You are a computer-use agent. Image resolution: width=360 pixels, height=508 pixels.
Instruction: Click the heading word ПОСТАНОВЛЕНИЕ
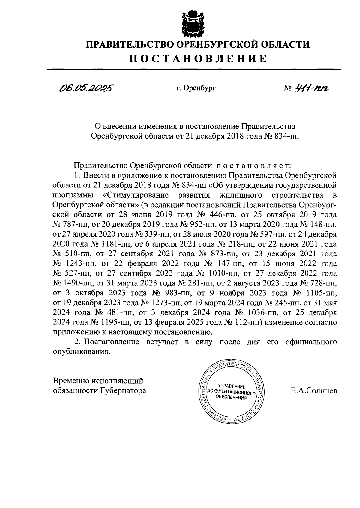point(198,58)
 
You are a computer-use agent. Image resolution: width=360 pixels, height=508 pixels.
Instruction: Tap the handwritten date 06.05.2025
point(87,88)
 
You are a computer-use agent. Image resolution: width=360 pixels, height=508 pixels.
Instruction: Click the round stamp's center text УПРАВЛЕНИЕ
point(232,386)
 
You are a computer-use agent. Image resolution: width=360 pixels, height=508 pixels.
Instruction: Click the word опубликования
point(80,352)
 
